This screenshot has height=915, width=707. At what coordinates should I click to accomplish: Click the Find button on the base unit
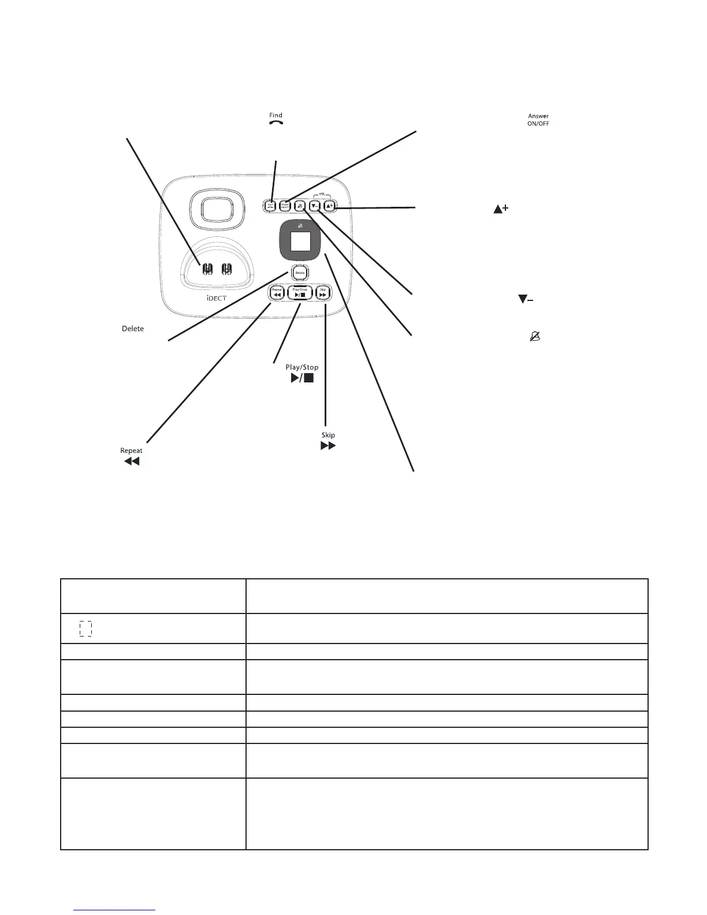click(270, 205)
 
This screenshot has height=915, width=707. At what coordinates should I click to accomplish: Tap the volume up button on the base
click(329, 205)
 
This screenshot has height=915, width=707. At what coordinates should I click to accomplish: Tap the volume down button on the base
click(315, 205)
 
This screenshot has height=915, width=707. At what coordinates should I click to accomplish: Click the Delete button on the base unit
click(300, 272)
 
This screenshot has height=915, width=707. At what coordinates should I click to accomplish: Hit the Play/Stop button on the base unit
click(300, 293)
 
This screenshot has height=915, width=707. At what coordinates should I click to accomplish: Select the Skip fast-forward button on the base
click(323, 293)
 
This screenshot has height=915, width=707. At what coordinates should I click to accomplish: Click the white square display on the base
click(300, 240)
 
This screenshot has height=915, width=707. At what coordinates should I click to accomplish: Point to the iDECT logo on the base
click(217, 298)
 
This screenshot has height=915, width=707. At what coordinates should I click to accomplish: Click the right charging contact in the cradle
click(227, 270)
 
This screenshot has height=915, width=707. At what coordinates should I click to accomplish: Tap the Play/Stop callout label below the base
click(302, 373)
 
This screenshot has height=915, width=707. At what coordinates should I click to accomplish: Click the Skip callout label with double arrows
click(328, 441)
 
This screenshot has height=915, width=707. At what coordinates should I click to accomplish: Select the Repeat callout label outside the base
click(131, 456)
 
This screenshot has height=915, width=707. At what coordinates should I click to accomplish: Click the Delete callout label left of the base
click(133, 329)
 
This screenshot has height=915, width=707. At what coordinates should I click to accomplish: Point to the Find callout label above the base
click(276, 118)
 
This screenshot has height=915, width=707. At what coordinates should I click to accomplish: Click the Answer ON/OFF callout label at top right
click(538, 120)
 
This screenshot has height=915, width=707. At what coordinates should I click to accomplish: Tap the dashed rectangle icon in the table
click(85, 628)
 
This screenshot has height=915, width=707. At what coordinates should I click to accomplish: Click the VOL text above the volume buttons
click(322, 195)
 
